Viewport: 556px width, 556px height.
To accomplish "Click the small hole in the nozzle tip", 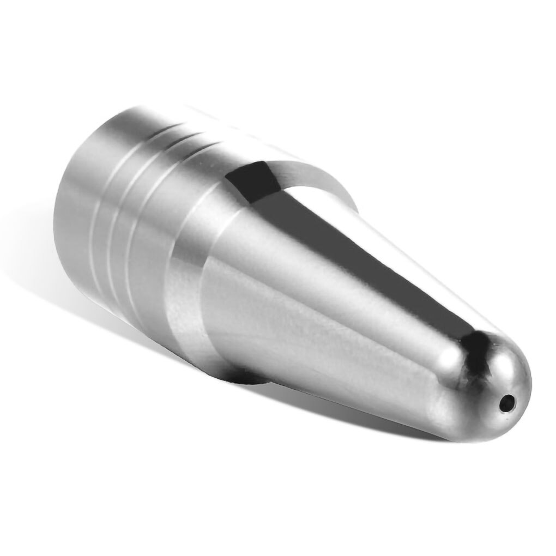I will [508, 403].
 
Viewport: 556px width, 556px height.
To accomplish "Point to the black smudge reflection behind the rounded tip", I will [475, 349].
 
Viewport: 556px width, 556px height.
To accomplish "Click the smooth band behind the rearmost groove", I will [76, 207].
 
